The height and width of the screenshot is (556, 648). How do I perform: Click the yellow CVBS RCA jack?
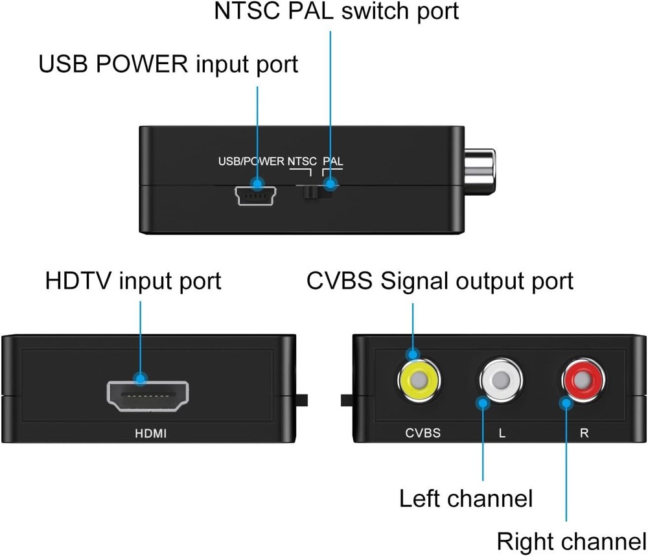pos(418,380)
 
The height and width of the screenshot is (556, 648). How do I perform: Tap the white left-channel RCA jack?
pos(501,382)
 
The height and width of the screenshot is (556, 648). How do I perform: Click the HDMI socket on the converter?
pos(147,396)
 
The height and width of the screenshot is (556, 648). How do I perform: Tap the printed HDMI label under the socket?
pos(150,433)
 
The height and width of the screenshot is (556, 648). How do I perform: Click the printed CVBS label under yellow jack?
pos(422,433)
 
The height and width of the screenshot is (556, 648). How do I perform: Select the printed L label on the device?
pos(502,433)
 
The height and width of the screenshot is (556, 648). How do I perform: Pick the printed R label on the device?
pos(584,433)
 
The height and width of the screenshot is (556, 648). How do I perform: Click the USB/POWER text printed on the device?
pos(251,161)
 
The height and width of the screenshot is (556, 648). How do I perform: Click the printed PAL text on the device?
pos(332,161)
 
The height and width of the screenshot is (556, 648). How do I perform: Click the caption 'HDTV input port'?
pos(133,281)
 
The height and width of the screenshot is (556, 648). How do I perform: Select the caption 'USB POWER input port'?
pos(168,65)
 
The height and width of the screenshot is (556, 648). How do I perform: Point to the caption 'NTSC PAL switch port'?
pos(337,12)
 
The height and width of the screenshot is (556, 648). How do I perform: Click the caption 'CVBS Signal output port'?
pos(440,281)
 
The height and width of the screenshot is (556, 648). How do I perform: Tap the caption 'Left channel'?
pos(465,499)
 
